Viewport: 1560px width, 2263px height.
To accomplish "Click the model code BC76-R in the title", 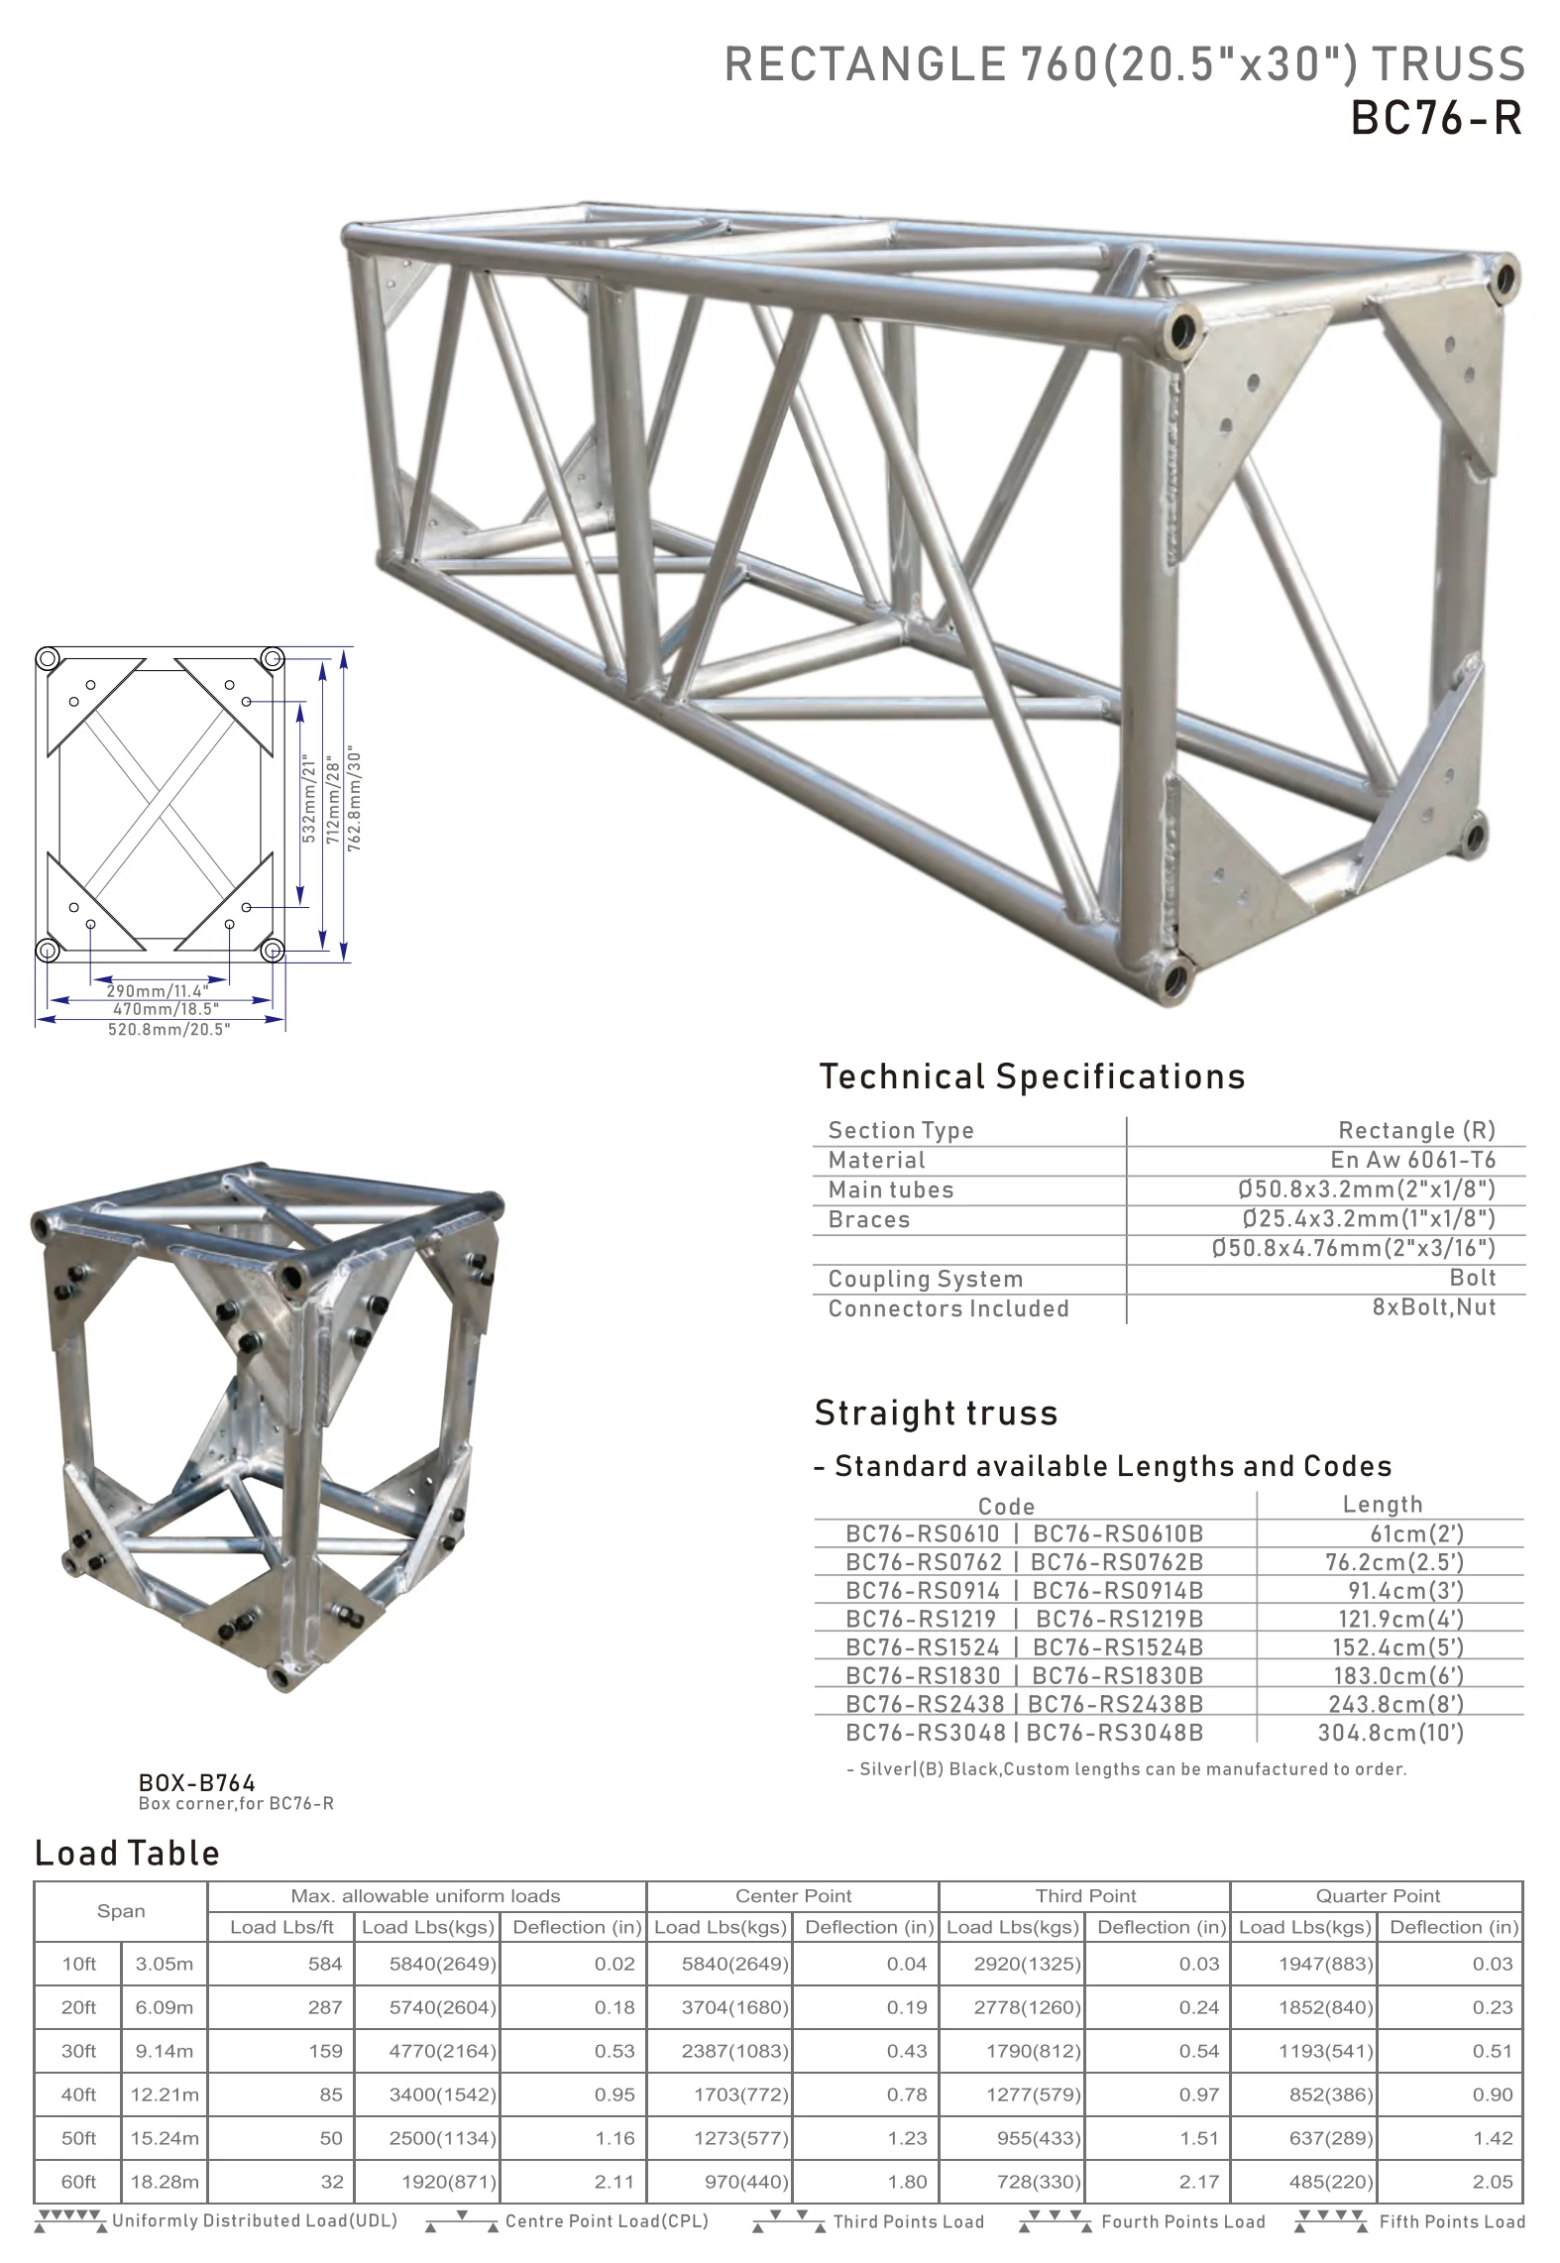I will coord(1436,119).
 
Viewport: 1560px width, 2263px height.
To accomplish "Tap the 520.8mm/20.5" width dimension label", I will coord(168,1029).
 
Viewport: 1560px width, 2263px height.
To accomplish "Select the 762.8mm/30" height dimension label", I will coord(355,799).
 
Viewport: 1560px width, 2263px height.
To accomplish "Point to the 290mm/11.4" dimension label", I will coord(158,990).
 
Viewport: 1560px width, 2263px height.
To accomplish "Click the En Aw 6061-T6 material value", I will coord(1412,1160).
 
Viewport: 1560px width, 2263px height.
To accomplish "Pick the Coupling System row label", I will coord(925,1279).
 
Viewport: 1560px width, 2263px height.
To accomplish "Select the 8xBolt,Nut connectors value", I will coord(1433,1307).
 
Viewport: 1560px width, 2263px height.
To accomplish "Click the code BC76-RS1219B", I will coord(1119,1619).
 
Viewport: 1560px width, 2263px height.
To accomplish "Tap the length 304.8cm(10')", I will coord(1391,1732).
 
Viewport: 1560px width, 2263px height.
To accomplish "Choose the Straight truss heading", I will coord(936,1413).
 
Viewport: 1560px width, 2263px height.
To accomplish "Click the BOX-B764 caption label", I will coord(197,1783).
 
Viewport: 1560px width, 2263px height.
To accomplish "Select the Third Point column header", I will coord(1085,1895).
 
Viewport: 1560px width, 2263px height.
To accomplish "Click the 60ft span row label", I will coord(78,2181).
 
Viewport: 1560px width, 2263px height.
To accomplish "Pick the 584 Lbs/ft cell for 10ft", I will coord(325,1964).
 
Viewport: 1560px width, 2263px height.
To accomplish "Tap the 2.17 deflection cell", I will coord(1198,2181).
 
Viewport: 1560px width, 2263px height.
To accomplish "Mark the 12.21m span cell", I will coord(165,2094).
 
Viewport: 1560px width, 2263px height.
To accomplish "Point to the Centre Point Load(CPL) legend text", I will coord(607,2220).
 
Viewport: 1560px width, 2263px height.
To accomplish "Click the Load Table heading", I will coord(127,1854).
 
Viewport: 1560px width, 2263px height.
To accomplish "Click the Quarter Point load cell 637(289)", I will coord(1331,2138).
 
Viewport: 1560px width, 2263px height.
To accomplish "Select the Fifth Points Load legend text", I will coord(1452,2221).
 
